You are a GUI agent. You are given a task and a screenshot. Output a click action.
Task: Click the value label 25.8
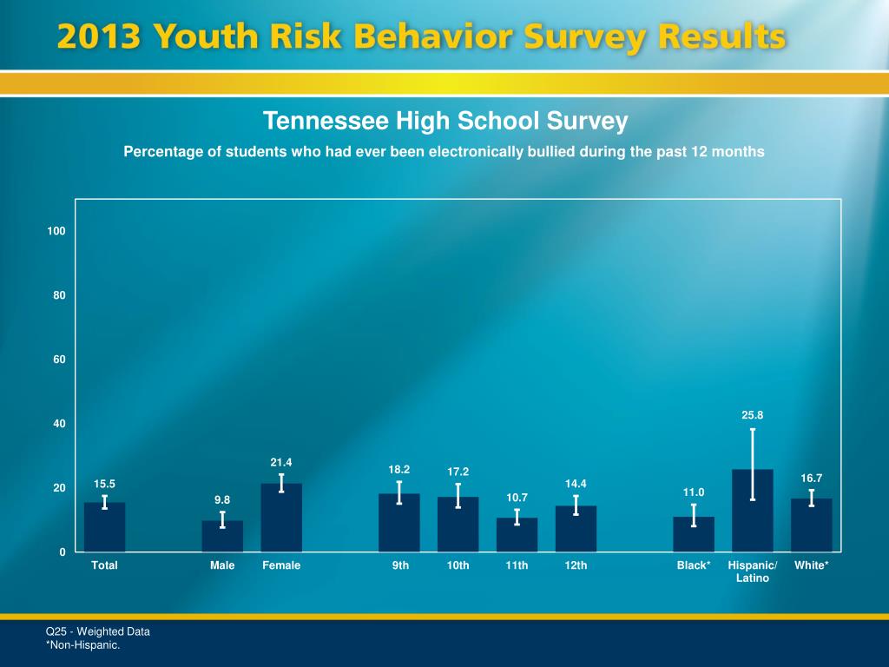pyautogui.click(x=753, y=415)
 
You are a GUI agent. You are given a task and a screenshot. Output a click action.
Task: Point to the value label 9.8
pyautogui.click(x=222, y=500)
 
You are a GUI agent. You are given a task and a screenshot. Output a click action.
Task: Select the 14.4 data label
pyautogui.click(x=576, y=483)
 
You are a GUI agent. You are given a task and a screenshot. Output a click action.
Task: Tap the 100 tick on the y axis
pyautogui.click(x=57, y=231)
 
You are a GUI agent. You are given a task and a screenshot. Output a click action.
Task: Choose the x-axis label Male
pyautogui.click(x=222, y=565)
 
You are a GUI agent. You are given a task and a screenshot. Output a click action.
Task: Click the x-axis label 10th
pyautogui.click(x=458, y=565)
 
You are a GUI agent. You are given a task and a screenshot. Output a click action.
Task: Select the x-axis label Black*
pyautogui.click(x=694, y=565)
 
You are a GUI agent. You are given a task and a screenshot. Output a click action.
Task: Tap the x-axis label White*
pyautogui.click(x=811, y=565)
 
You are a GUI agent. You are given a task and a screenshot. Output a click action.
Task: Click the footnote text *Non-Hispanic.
pyautogui.click(x=82, y=645)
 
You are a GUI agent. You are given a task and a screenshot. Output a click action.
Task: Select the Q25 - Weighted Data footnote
pyautogui.click(x=97, y=631)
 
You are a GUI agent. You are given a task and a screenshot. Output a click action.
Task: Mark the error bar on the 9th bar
pyautogui.click(x=398, y=492)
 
